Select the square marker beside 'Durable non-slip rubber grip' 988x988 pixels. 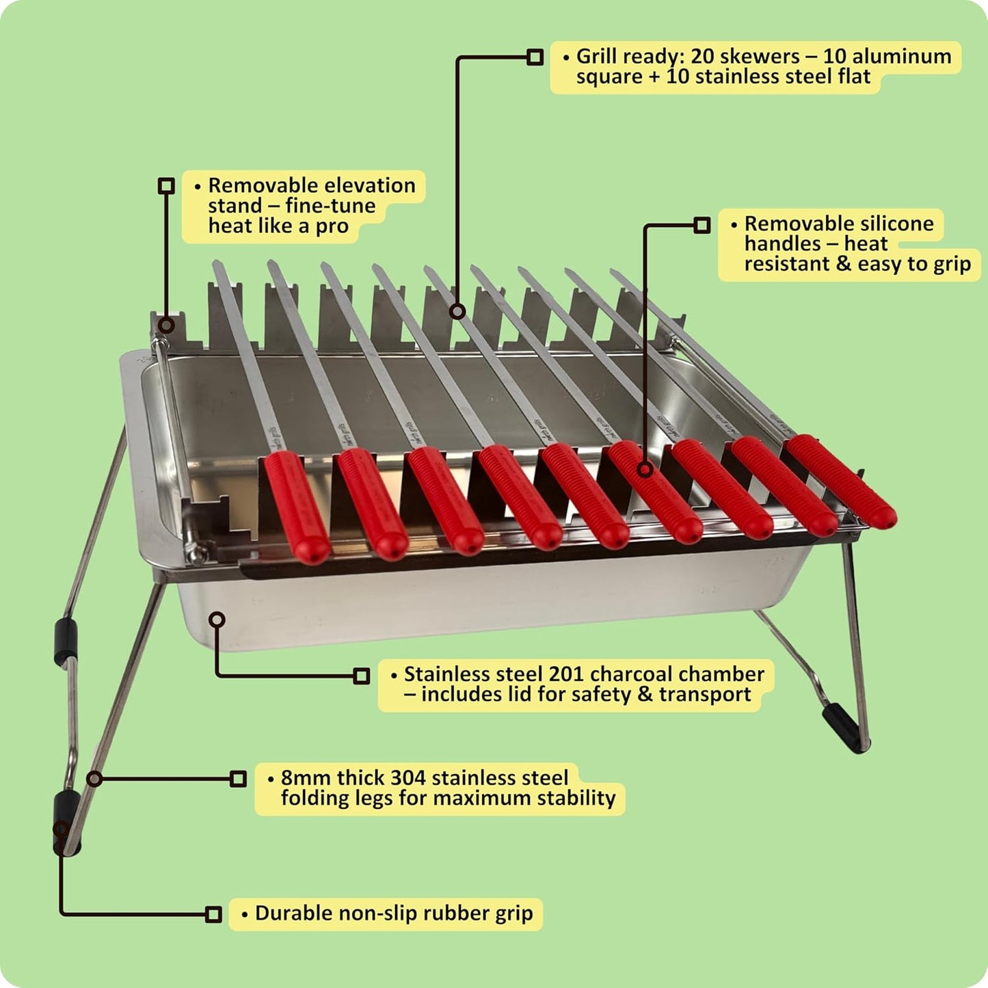[x=213, y=914]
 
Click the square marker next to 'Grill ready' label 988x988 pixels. [x=535, y=57]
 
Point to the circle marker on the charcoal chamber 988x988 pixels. [x=217, y=619]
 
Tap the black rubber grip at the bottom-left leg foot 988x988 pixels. [x=66, y=824]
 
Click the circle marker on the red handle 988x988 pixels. [x=644, y=469]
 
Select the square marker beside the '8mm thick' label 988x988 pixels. [x=238, y=779]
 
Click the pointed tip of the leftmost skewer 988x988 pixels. [x=216, y=264]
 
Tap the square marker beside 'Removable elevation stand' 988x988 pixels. [x=166, y=185]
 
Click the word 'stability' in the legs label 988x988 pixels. [x=576, y=799]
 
